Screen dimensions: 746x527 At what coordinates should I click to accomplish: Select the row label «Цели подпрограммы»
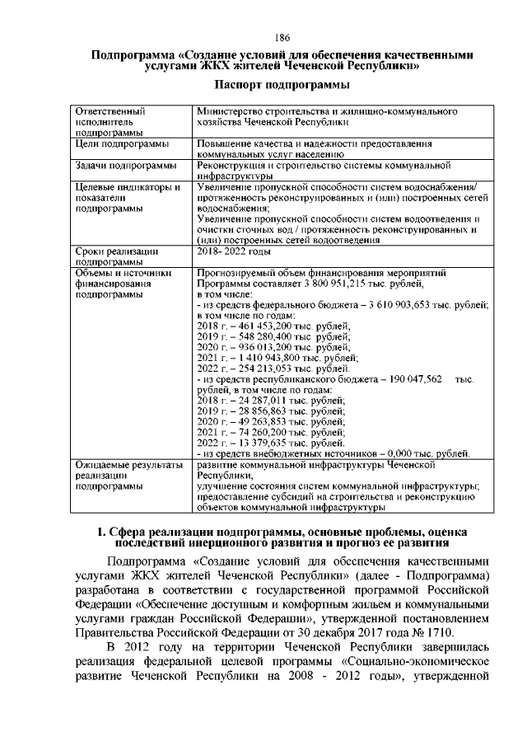tap(122, 144)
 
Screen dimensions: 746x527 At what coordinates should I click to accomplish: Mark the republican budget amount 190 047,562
tap(411, 379)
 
